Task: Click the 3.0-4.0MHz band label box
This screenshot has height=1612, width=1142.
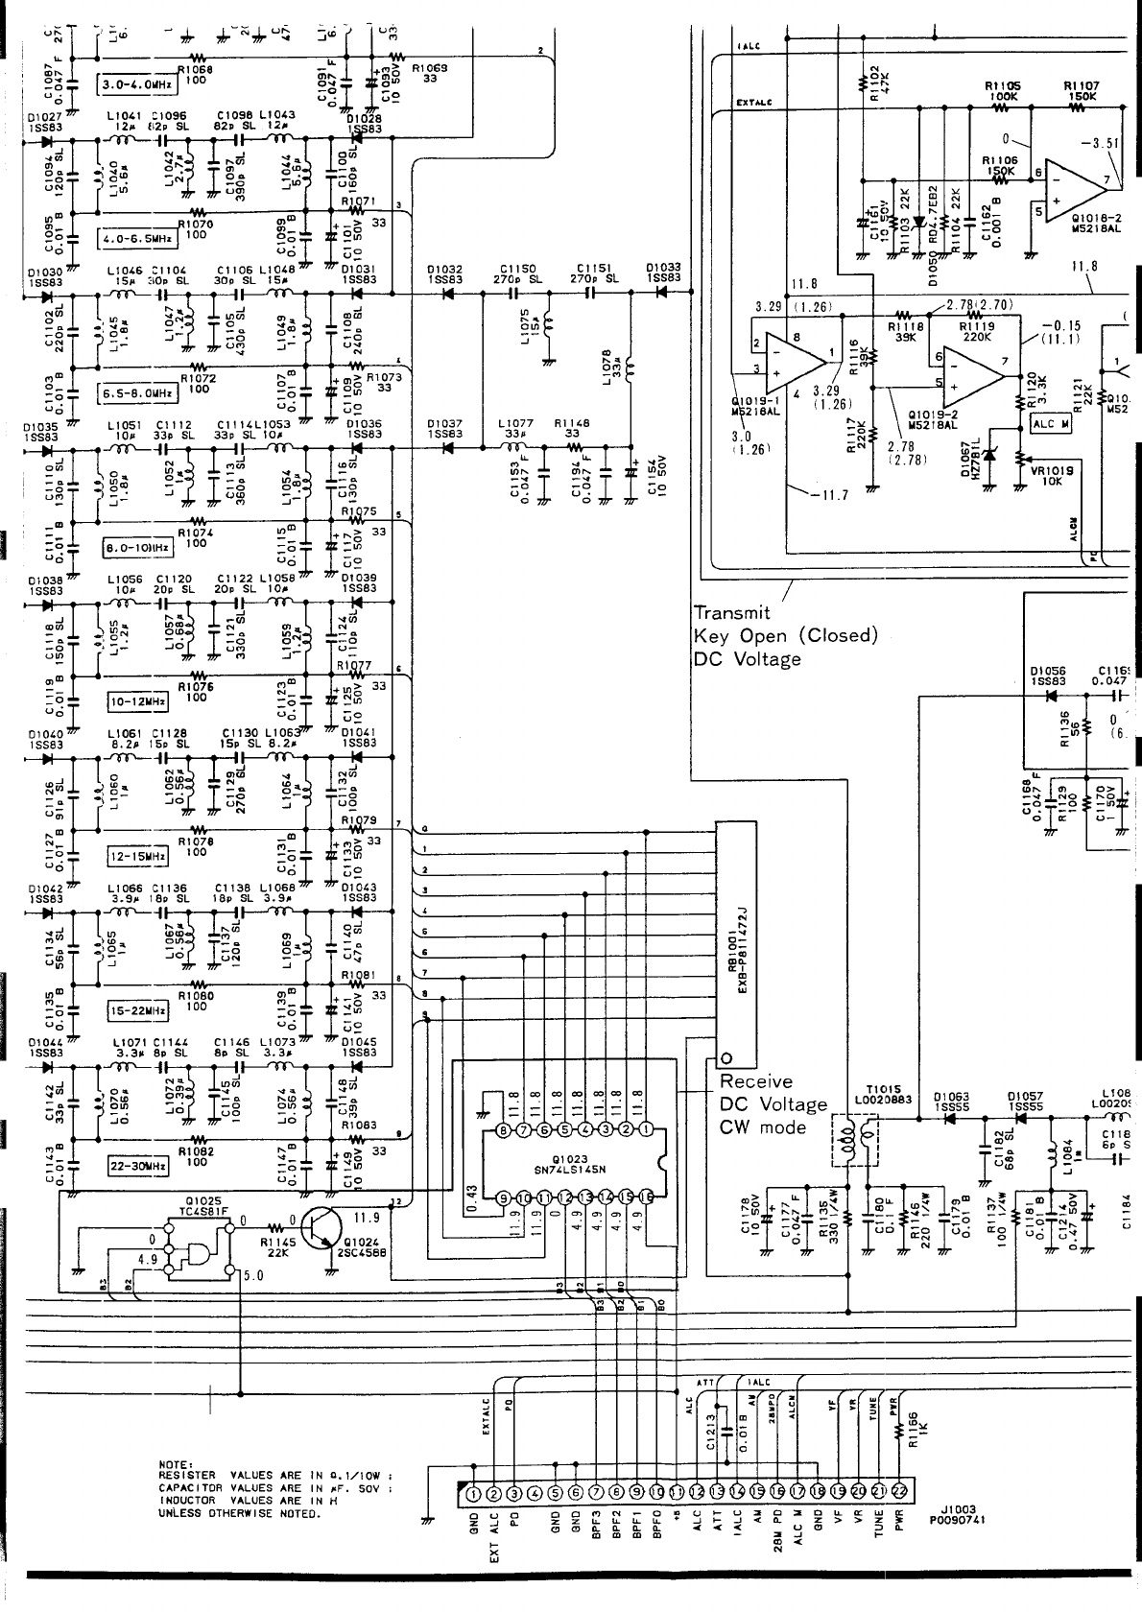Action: click(x=136, y=84)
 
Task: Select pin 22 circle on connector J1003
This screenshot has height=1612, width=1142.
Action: click(x=899, y=1491)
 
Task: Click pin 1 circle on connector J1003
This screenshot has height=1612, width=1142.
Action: click(x=473, y=1492)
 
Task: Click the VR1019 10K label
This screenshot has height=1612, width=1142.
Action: click(x=1051, y=476)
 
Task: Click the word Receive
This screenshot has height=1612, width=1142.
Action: click(x=756, y=1081)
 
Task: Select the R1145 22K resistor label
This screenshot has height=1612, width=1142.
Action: click(x=278, y=1245)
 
